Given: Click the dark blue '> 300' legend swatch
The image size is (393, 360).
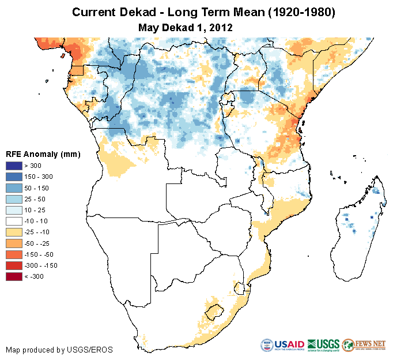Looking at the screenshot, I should [14, 166].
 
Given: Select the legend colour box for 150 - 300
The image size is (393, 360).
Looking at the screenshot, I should [14, 177].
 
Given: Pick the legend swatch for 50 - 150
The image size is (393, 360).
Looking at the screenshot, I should [14, 188].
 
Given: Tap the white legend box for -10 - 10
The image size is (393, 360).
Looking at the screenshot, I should [14, 221].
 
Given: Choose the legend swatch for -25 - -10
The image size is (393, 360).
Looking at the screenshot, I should [14, 232].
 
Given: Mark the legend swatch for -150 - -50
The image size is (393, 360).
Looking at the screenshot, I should [14, 254].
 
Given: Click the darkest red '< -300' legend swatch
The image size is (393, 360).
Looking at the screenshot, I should [14, 276].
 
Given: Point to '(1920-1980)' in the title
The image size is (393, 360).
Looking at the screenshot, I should [293, 12].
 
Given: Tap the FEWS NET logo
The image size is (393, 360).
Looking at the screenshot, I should [363, 345].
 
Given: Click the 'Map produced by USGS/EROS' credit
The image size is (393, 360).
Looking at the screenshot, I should [59, 350].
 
